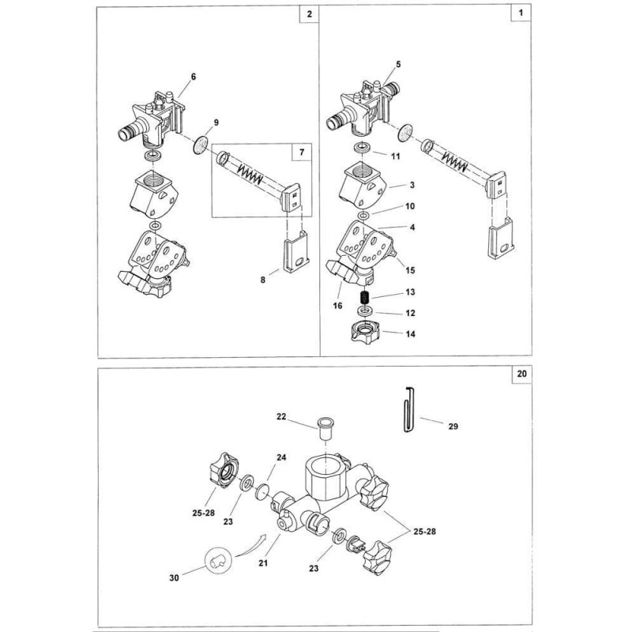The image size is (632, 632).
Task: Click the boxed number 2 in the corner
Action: (x=309, y=14)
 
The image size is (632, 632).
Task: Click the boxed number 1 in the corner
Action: (x=521, y=13)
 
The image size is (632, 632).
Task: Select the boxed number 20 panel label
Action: (x=521, y=374)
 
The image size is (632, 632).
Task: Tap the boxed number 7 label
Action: (x=302, y=152)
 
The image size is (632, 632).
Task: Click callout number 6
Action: (x=194, y=77)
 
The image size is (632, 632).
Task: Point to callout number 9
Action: (x=216, y=122)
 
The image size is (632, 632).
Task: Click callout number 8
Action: (x=263, y=280)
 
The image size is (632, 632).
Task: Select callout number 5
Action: (x=398, y=65)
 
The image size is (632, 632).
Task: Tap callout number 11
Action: (x=396, y=156)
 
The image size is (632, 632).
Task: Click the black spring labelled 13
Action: (x=365, y=299)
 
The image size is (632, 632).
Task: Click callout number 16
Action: (x=337, y=306)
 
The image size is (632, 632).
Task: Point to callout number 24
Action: (x=281, y=457)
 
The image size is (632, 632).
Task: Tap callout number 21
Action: (x=263, y=563)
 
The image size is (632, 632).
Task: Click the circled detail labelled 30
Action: (x=219, y=559)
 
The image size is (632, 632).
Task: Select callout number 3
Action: (x=412, y=186)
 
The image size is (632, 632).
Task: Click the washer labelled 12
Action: (x=366, y=310)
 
